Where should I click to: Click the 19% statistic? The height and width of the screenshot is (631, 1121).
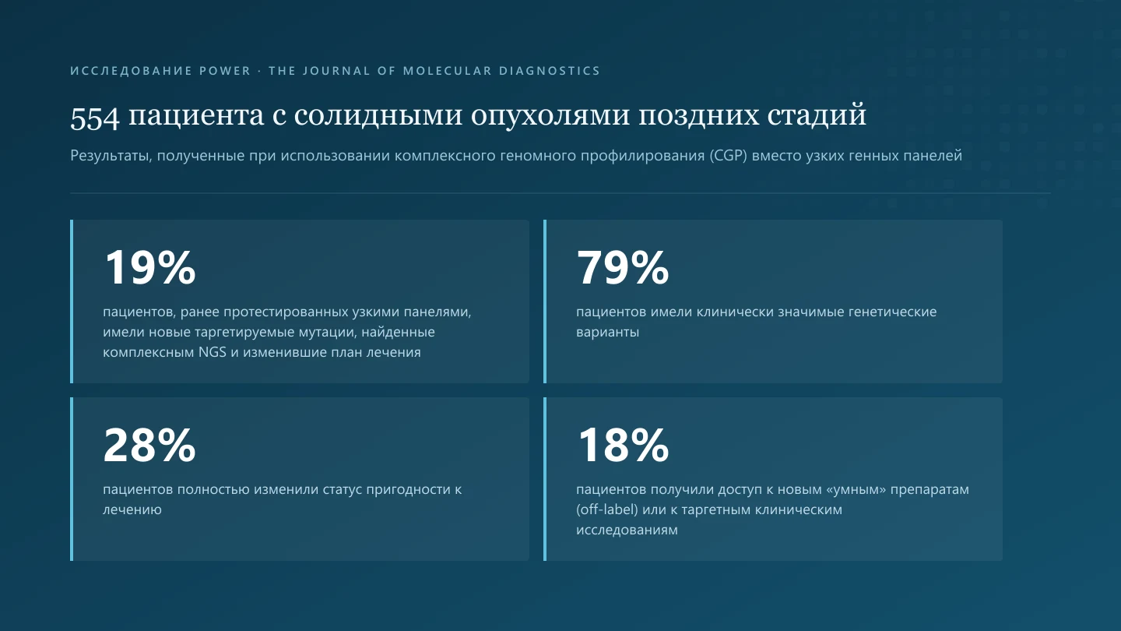149,267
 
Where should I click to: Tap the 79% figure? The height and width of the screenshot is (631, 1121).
623,267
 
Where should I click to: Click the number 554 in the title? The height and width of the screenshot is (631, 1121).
95,117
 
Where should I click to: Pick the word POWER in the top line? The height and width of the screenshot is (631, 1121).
225,71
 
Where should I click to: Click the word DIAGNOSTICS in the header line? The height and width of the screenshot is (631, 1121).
550,71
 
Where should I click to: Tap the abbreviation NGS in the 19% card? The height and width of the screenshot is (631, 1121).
213,352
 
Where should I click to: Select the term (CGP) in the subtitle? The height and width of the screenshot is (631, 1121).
728,155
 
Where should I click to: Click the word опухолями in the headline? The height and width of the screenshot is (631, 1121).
550,115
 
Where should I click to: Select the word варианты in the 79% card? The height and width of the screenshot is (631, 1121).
607,332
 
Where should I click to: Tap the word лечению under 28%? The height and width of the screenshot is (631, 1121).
132,509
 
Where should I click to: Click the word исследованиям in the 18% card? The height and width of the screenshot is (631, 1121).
627,530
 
